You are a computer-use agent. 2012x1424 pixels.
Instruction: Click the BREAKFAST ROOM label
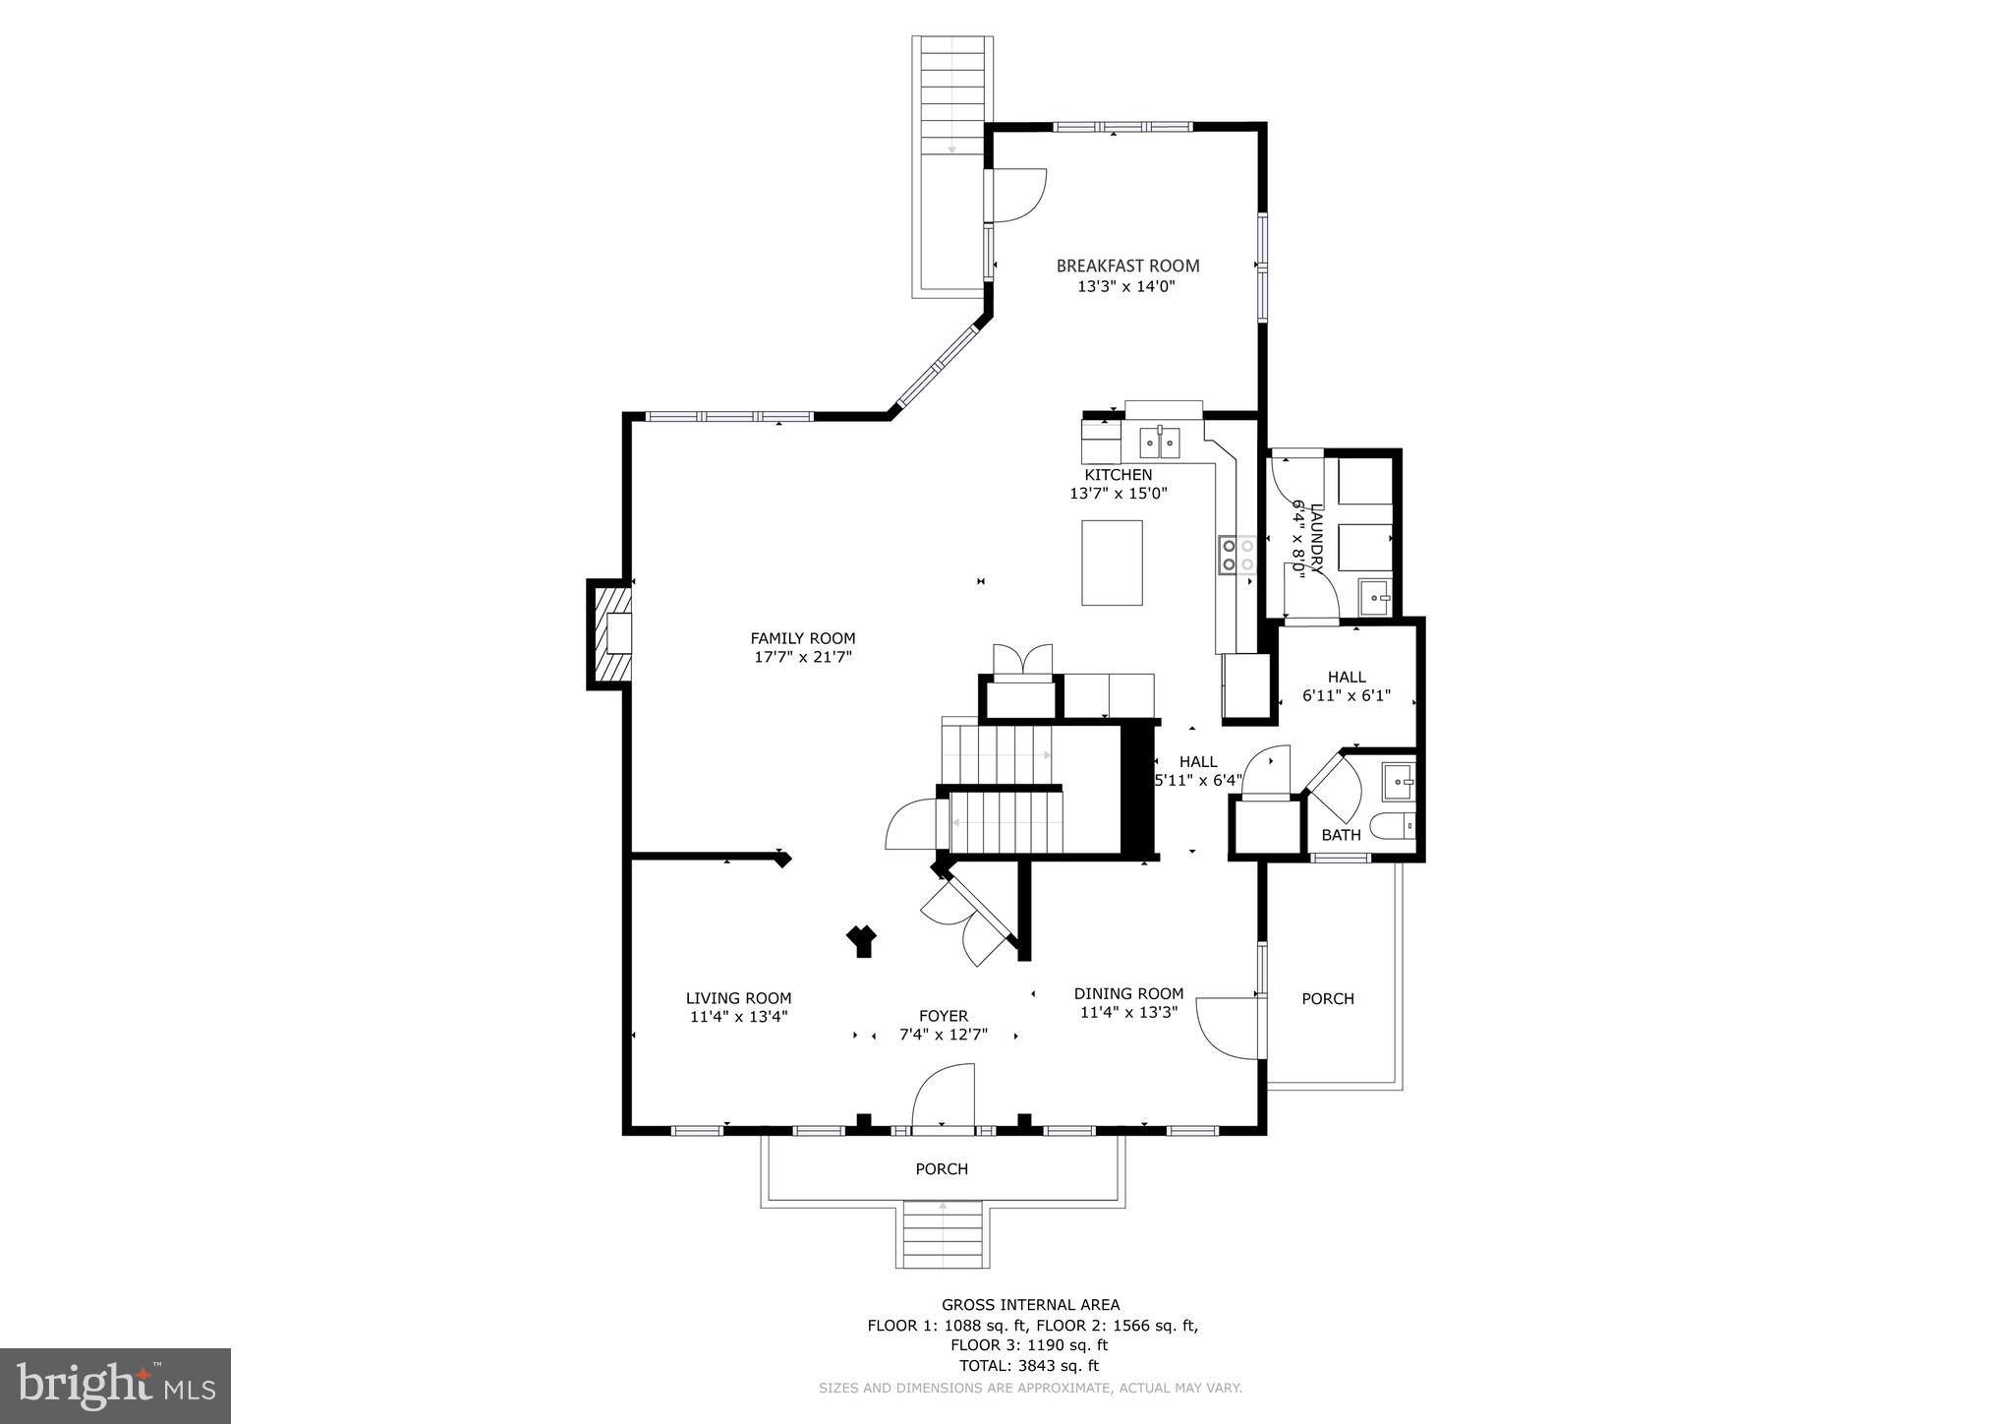[1127, 266]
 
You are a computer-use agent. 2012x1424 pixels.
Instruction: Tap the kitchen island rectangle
[1112, 563]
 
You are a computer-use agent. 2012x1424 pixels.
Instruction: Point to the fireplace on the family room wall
[609, 634]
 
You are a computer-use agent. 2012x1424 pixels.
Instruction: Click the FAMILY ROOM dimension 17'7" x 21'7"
[802, 658]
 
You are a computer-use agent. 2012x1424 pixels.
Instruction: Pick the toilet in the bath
[1391, 826]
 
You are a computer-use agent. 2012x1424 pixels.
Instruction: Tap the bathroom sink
[1399, 782]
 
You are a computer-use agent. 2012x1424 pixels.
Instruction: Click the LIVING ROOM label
[738, 998]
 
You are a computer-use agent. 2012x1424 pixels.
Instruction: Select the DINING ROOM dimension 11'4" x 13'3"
[1128, 1012]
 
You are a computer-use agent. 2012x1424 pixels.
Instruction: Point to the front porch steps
[943, 1234]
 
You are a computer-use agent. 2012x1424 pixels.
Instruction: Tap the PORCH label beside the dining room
[1328, 999]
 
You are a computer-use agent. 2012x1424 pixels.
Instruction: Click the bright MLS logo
[116, 1386]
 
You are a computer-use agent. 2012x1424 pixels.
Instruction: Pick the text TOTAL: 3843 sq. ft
[1029, 1366]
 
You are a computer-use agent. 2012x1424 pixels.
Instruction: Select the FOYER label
[943, 1016]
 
